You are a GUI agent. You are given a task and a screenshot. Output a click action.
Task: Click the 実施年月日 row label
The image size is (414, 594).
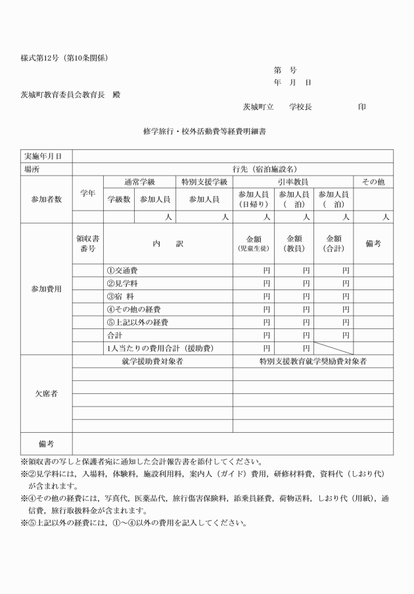click(43, 156)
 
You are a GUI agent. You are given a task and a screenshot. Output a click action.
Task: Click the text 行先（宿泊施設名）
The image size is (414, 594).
click(265, 169)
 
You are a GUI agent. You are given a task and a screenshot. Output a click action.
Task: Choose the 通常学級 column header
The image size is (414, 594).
click(139, 182)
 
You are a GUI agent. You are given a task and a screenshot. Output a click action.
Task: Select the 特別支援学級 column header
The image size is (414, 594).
click(204, 182)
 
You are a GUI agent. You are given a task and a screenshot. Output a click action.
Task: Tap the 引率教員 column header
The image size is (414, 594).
click(293, 182)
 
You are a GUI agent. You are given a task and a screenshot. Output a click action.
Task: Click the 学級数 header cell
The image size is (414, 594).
click(119, 199)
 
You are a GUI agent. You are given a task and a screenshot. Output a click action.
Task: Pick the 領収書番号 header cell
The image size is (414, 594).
click(87, 244)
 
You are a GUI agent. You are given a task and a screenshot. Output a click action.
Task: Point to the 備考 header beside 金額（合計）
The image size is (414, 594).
click(373, 244)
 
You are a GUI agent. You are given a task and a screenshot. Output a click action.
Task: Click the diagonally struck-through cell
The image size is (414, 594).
click(333, 348)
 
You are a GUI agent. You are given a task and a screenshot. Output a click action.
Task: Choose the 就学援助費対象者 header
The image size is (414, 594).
click(152, 361)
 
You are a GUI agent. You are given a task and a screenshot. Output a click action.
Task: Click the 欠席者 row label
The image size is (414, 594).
click(46, 393)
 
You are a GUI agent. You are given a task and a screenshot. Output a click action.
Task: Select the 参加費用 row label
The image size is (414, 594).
click(46, 289)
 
